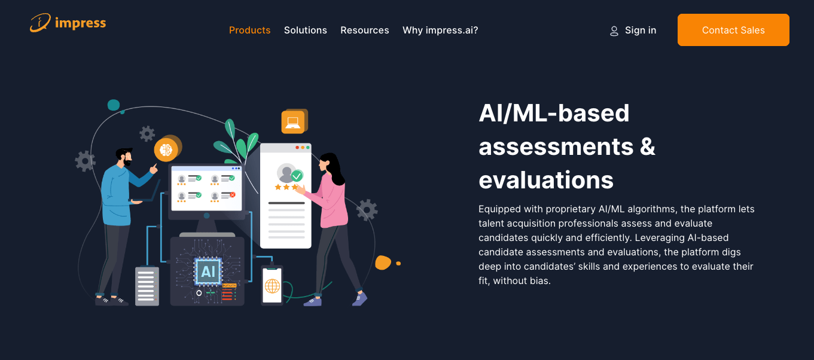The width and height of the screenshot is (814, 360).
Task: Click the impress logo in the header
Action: pyautogui.click(x=68, y=23)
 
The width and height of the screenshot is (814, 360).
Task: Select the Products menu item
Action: pyautogui.click(x=249, y=30)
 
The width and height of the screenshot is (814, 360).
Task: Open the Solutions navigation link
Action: pyautogui.click(x=305, y=30)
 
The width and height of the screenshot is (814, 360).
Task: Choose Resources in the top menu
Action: pyautogui.click(x=364, y=30)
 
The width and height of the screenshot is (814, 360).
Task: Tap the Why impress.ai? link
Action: pyautogui.click(x=440, y=30)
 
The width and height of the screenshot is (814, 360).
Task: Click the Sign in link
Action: pyautogui.click(x=641, y=30)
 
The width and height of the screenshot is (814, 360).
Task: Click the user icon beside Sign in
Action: pyautogui.click(x=614, y=31)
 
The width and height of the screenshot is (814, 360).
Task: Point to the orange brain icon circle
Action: pyautogui.click(x=166, y=150)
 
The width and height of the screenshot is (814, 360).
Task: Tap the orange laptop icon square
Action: pyautogui.click(x=293, y=122)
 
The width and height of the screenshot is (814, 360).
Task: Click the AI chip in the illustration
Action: pyautogui.click(x=208, y=271)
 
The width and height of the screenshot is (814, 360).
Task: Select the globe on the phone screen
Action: pyautogui.click(x=272, y=286)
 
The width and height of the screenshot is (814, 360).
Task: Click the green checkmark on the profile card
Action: pyautogui.click(x=297, y=176)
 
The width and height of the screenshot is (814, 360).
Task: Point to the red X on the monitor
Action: pyautogui.click(x=233, y=195)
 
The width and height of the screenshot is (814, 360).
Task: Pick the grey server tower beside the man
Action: pyautogui.click(x=147, y=286)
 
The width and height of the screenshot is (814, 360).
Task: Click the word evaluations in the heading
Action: pyautogui.click(x=546, y=180)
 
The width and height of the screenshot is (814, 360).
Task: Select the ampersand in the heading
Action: pyautogui.click(x=647, y=147)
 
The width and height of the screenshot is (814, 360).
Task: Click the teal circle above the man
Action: pyautogui.click(x=114, y=105)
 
